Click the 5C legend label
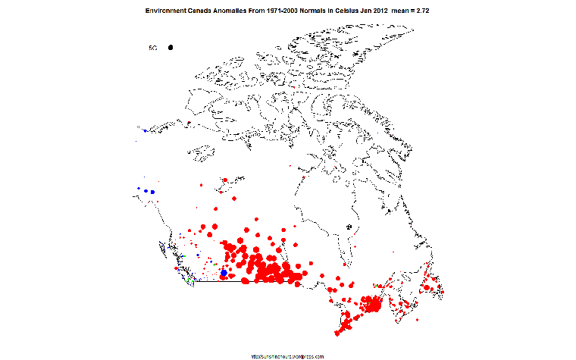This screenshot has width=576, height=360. [152, 48]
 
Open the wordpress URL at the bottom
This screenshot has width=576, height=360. [287, 355]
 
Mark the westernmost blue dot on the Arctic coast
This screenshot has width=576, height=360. [146, 130]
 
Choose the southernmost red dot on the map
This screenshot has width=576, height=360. [339, 334]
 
